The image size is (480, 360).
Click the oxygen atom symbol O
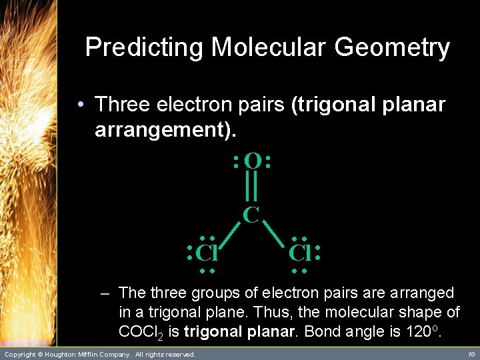[x=252, y=161]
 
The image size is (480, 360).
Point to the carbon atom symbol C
[x=251, y=215]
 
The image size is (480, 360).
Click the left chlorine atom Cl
[x=208, y=254]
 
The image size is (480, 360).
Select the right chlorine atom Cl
[x=299, y=254]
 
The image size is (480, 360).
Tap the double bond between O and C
[x=251, y=187]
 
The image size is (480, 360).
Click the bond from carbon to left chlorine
[x=229, y=234]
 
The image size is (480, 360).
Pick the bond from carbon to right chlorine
[x=274, y=234]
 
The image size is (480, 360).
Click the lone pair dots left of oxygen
[x=236, y=161]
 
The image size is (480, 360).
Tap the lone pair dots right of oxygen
[x=268, y=161]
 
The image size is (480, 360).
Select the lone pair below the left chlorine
[x=207, y=271]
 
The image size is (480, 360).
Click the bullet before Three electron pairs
[x=79, y=105]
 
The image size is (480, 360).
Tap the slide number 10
[x=471, y=355]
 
